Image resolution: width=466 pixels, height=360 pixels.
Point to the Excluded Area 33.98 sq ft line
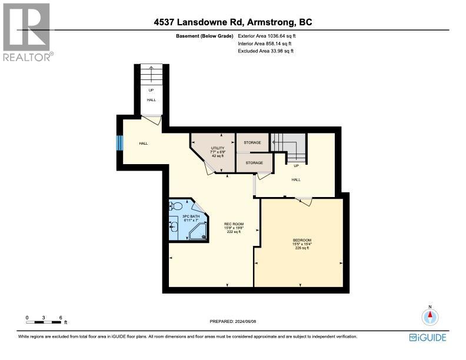point(265,51)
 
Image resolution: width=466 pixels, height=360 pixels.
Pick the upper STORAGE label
point(252,142)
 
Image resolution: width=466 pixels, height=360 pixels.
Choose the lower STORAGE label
point(254,162)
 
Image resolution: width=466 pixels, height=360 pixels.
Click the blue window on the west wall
point(119,144)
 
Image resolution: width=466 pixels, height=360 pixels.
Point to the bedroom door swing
point(304,201)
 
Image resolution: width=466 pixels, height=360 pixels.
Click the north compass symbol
point(430,317)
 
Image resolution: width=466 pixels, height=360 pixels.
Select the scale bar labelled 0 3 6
point(44,321)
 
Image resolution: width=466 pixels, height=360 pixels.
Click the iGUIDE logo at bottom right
point(428,337)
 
